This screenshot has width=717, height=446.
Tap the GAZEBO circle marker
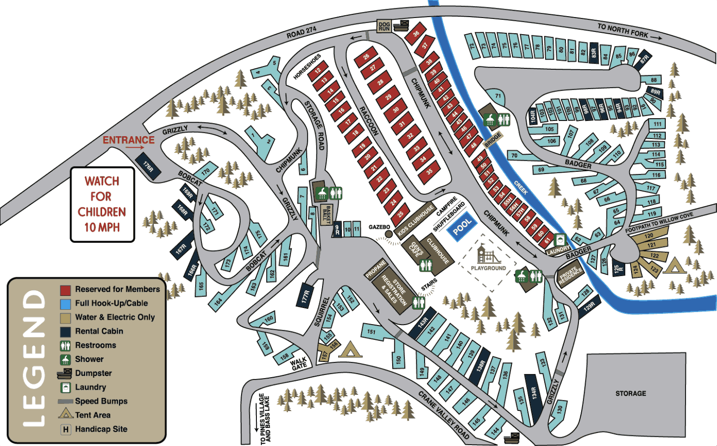[x=389, y=234]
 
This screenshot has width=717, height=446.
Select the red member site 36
[x=416, y=34]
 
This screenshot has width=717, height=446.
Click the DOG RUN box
[x=384, y=26]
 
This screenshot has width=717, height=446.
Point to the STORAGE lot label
[x=631, y=393]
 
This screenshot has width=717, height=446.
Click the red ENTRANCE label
[x=128, y=140]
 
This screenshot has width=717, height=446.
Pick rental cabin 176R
[x=148, y=166]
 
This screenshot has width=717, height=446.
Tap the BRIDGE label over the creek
[x=492, y=139]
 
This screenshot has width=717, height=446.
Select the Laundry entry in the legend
[x=91, y=387]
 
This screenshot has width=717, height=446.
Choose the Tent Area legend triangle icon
[x=66, y=413]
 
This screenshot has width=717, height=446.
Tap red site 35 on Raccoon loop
[x=429, y=172]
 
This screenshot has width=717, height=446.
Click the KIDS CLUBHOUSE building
[x=415, y=221]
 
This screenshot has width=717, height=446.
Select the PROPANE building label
[x=376, y=269]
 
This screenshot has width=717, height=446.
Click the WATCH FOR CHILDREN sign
[x=102, y=204]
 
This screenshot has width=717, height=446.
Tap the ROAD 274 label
[x=301, y=32]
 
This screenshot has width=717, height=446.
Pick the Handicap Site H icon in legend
[x=66, y=429]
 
